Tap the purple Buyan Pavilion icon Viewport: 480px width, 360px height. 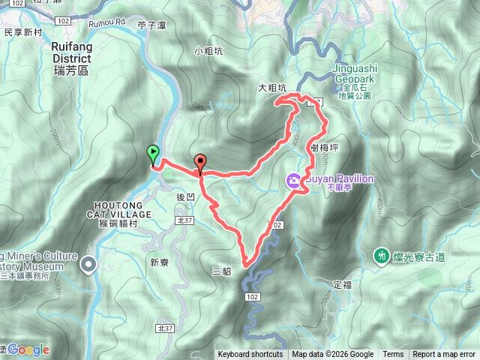292,180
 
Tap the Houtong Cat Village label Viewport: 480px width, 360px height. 124,209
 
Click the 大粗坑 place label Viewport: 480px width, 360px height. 272,88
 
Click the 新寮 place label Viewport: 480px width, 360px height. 159,262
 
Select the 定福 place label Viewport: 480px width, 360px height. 341,285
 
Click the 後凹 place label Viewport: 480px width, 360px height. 185,196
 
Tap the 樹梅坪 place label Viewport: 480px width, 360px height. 325,148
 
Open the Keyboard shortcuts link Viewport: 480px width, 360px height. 250,355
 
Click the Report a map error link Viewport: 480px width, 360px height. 444,355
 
